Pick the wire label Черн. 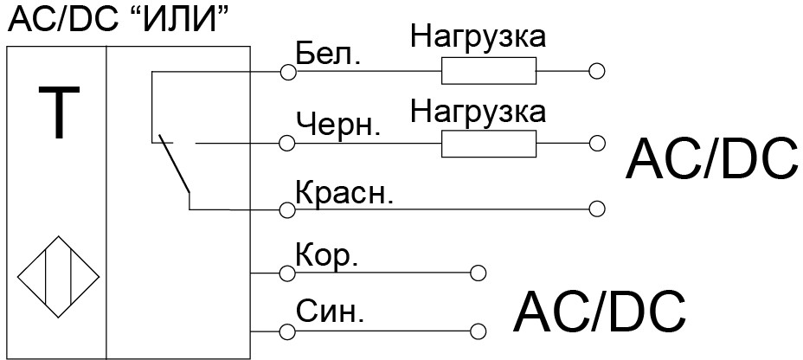tap(337, 125)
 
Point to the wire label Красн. tap(344, 192)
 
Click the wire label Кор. tap(326, 257)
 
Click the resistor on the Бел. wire tap(488, 72)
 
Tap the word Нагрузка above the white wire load tap(478, 37)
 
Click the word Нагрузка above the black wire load tap(478, 111)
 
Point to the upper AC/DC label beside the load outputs tap(711, 158)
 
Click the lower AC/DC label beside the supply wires tap(600, 312)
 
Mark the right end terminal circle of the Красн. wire tap(595, 209)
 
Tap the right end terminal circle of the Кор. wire tap(478, 273)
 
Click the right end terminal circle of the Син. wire tap(478, 331)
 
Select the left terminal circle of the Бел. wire tap(288, 73)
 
